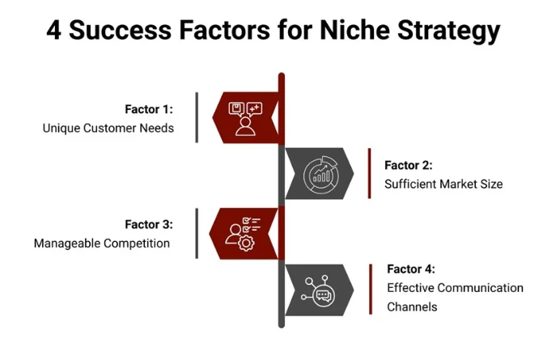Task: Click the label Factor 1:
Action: (x=149, y=109)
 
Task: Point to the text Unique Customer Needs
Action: (x=108, y=128)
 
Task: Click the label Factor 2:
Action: (x=409, y=165)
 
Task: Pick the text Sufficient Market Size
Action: (x=443, y=184)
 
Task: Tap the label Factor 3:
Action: (x=149, y=224)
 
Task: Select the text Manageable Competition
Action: (x=102, y=243)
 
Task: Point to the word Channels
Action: (x=412, y=307)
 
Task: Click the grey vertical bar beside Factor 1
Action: (x=197, y=118)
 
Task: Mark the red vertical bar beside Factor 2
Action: (x=369, y=173)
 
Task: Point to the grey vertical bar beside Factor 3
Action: (x=197, y=234)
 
